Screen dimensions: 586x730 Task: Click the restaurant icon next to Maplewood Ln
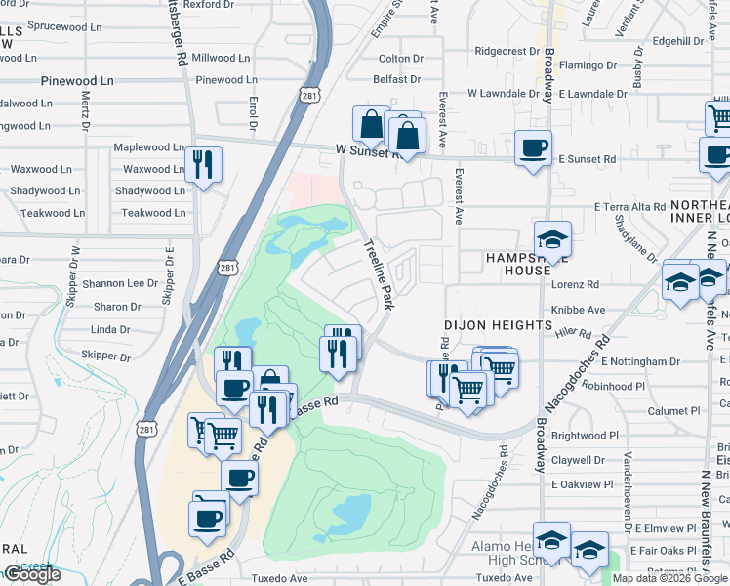pos(202,163)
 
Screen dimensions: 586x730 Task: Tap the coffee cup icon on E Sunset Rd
pos(533,148)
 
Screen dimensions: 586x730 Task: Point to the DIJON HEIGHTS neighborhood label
pos(498,324)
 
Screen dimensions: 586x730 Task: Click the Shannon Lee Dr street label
pos(120,283)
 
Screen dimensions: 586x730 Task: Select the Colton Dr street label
pos(399,59)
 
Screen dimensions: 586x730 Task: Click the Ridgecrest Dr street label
pos(507,51)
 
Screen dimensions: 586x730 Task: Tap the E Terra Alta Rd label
pos(629,207)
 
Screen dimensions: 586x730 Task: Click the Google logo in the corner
pos(31,574)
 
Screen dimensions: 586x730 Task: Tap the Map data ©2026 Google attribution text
pos(669,578)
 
